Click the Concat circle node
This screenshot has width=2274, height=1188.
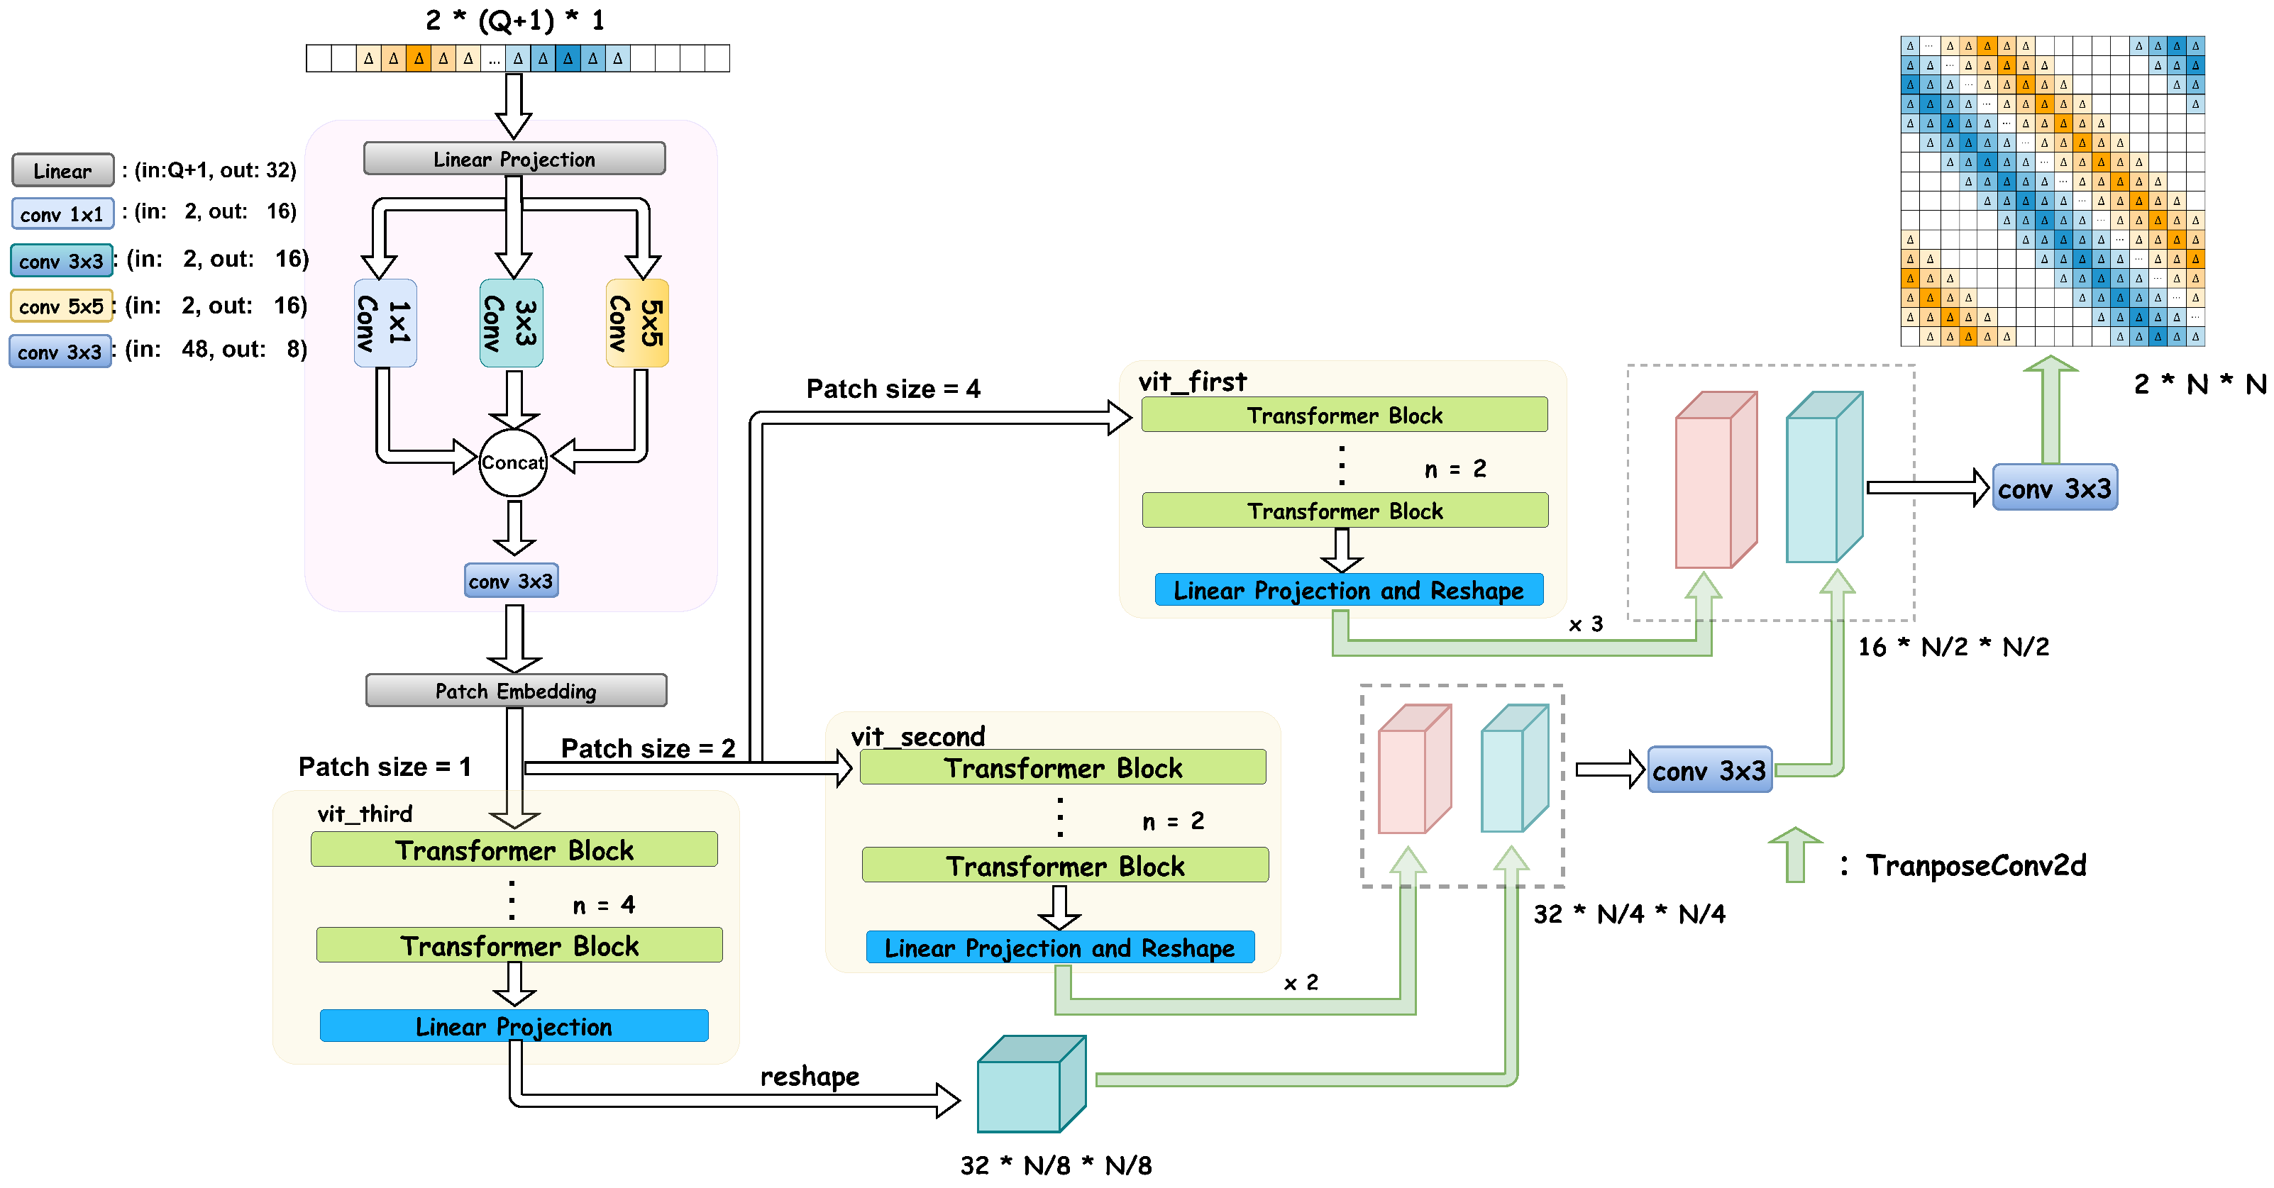click(513, 462)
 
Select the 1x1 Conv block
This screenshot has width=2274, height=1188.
click(385, 323)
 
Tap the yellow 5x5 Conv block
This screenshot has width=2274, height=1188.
click(637, 323)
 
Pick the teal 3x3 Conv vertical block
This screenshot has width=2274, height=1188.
click(511, 323)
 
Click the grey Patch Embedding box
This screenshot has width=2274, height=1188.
click(516, 690)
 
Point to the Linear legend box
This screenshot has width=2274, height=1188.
click(62, 170)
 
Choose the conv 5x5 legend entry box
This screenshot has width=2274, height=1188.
click(62, 306)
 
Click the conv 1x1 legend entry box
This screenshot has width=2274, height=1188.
click(62, 213)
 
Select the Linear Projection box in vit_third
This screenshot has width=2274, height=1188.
click(514, 1026)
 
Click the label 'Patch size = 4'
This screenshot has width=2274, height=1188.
click(893, 389)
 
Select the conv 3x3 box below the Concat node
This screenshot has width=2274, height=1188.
click(511, 581)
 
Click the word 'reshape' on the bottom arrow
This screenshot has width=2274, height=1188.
click(810, 1076)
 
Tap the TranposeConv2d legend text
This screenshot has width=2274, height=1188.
click(1975, 865)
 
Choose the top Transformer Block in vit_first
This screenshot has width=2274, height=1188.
click(1344, 415)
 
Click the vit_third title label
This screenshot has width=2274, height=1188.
click(365, 813)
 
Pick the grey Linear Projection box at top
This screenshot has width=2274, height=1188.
click(514, 159)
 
